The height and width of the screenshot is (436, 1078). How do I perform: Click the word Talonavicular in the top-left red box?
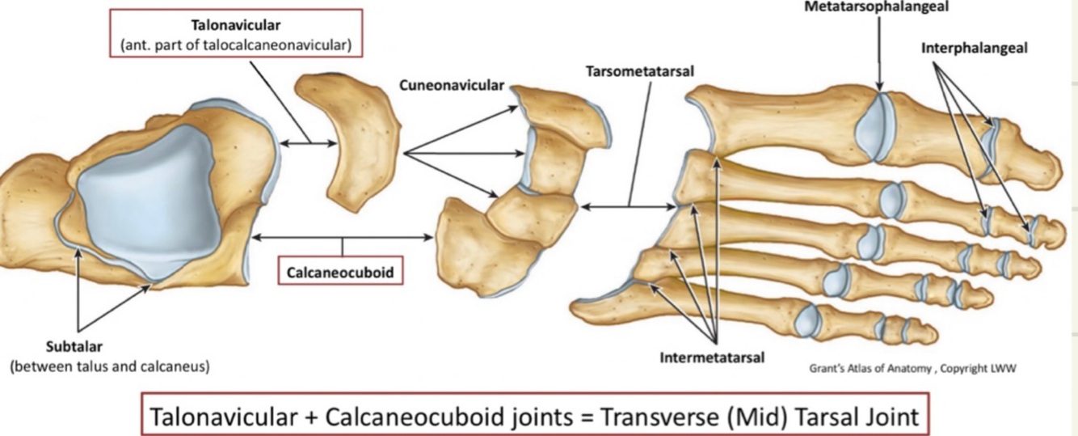coord(236,25)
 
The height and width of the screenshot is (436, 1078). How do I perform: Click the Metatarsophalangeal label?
coord(876,6)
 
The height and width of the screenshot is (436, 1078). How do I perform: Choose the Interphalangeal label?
coord(975,48)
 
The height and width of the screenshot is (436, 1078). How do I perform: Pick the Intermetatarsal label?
coord(712,357)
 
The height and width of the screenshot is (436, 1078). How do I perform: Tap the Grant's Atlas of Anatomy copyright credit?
coord(912,368)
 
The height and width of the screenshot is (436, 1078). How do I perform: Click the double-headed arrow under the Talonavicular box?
coord(309,144)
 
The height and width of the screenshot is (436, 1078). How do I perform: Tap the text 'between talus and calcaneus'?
coord(110,366)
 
